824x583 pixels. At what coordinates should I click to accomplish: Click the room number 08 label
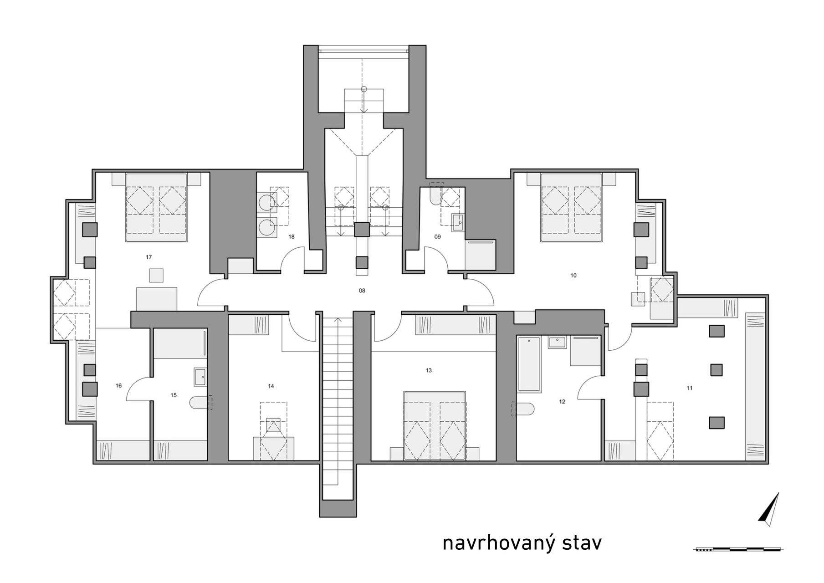(x=362, y=291)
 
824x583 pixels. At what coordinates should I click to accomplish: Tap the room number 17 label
(x=148, y=257)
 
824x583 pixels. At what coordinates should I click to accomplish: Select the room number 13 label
(x=429, y=370)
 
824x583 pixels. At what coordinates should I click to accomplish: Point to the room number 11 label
(x=689, y=388)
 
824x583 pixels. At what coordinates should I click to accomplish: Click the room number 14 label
(x=271, y=386)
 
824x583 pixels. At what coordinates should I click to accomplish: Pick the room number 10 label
(x=573, y=275)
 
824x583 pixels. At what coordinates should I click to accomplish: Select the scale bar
(x=738, y=549)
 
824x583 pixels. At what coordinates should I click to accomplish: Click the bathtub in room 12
(x=529, y=364)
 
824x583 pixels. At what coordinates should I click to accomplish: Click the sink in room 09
(x=457, y=223)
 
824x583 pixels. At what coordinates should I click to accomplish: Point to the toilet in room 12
(x=523, y=409)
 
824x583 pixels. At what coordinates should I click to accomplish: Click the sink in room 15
(x=200, y=377)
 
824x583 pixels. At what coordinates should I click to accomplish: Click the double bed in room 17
(x=156, y=207)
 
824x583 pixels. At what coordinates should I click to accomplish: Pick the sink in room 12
(x=558, y=342)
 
